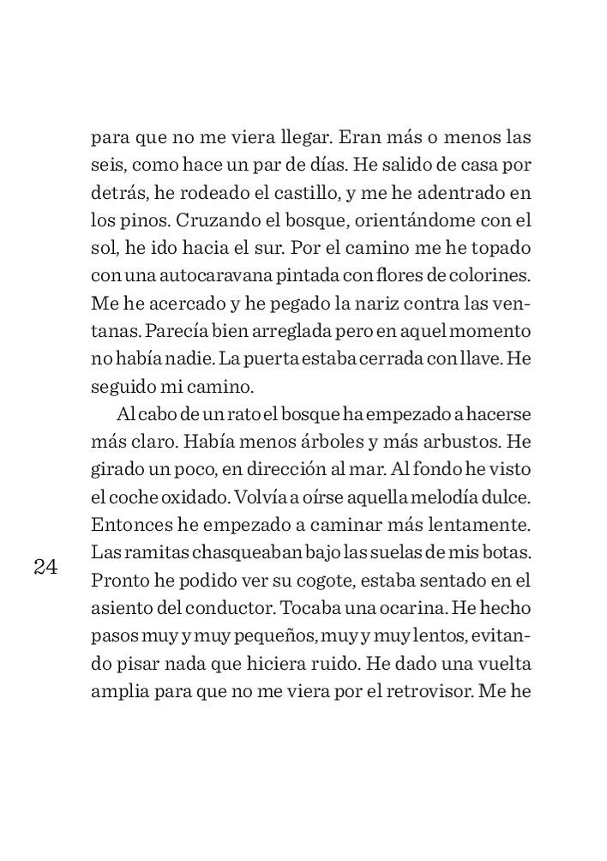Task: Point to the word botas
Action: (x=510, y=551)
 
